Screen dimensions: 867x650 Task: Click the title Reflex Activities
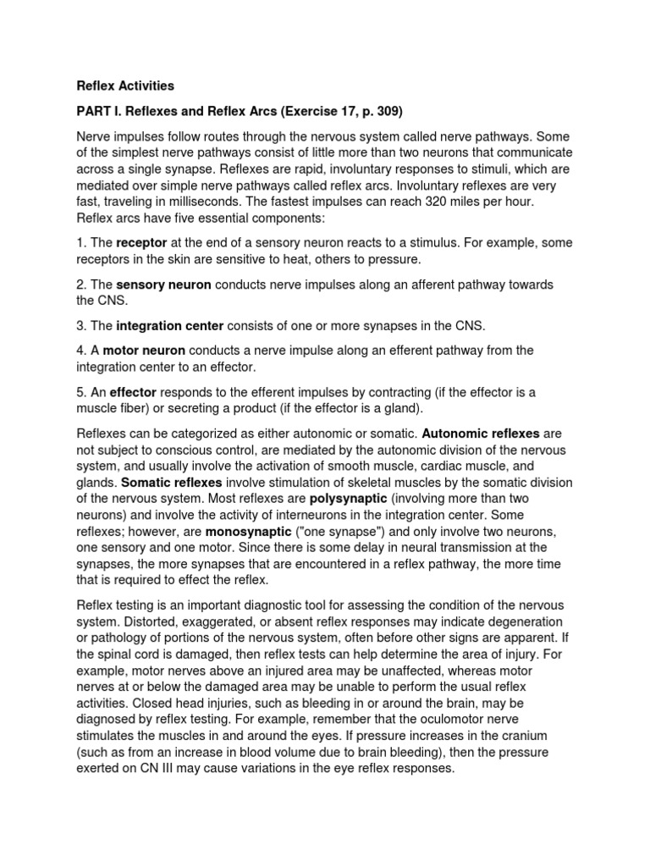125,86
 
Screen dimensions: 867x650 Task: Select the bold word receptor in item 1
142,243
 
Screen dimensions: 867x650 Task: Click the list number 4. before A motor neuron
83,350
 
